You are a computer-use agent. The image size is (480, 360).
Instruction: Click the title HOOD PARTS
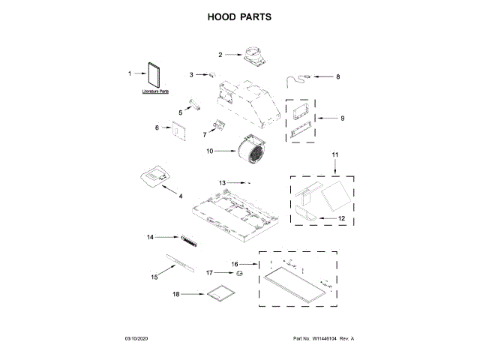click(x=239, y=16)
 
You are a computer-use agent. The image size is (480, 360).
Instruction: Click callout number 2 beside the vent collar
click(x=220, y=55)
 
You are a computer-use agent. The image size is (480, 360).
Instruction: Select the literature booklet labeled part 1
click(x=154, y=73)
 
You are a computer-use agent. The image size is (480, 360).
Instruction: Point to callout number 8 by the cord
click(x=337, y=76)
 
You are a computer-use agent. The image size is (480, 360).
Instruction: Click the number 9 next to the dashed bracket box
click(x=342, y=118)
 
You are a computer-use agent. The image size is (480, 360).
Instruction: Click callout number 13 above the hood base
click(x=222, y=183)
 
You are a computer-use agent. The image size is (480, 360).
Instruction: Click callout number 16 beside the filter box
click(x=235, y=264)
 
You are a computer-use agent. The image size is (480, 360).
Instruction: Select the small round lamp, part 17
click(x=241, y=274)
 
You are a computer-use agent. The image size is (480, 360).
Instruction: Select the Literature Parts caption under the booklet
click(x=155, y=91)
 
